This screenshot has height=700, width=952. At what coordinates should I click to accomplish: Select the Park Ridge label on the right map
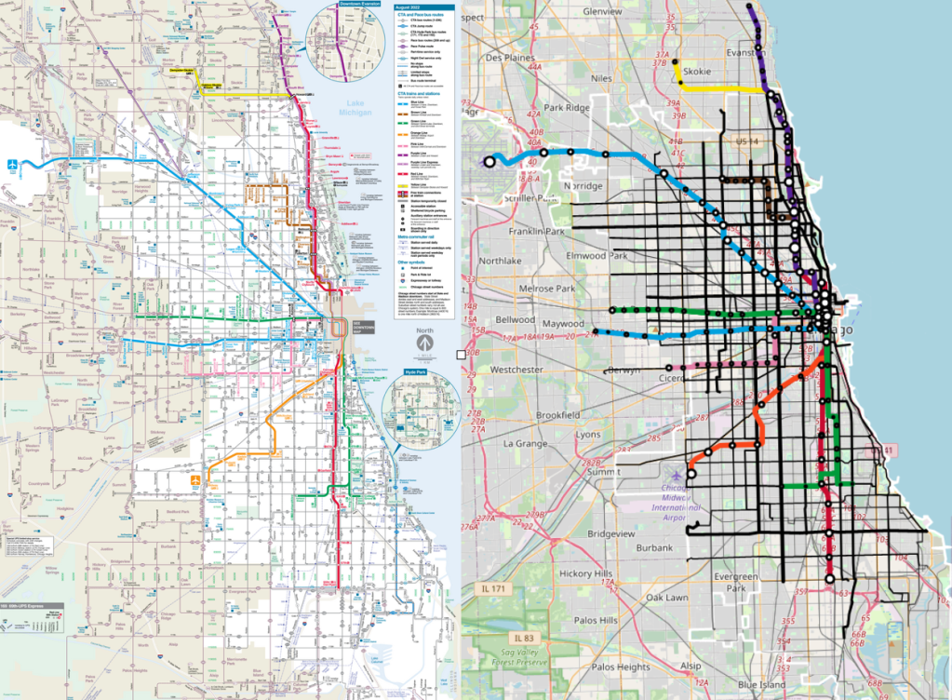point(568,108)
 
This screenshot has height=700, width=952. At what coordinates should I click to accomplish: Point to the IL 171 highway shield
point(499,588)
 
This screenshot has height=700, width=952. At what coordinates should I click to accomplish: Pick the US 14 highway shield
point(747,141)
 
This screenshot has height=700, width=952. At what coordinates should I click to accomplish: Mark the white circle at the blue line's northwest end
point(489,162)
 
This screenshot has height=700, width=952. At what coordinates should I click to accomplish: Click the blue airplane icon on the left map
point(11,165)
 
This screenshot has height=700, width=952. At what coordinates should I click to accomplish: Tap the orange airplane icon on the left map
point(196,479)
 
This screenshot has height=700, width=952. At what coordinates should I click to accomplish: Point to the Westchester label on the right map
point(516,370)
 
